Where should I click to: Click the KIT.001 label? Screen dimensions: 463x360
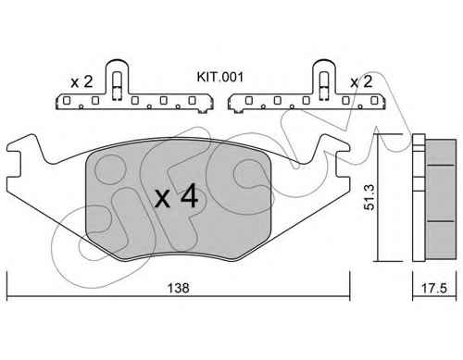(x=220, y=77)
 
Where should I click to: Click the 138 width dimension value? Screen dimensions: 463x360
(x=178, y=288)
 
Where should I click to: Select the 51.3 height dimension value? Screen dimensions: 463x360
(x=369, y=197)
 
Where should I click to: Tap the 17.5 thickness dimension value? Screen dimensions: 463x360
(x=434, y=289)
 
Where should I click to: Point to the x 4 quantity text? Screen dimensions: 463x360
(x=176, y=195)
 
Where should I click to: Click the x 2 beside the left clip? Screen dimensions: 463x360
(x=81, y=82)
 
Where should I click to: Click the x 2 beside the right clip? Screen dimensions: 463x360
(x=361, y=81)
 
